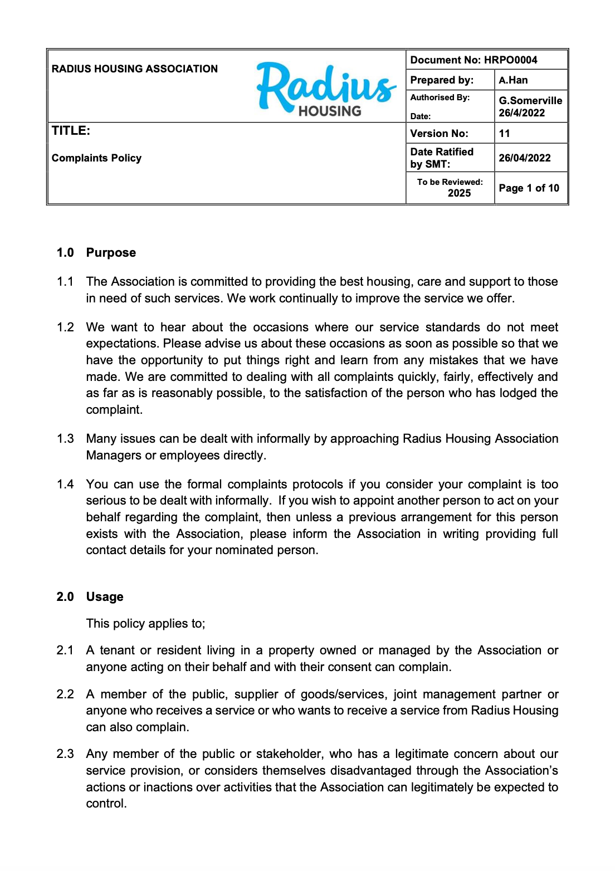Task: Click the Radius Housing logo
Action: tap(326, 89)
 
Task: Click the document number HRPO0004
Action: tap(510, 60)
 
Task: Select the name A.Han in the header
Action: tap(513, 80)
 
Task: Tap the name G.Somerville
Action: tap(530, 101)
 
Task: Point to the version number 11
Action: tap(505, 134)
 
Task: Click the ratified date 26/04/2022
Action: tap(525, 158)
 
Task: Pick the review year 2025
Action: tap(459, 193)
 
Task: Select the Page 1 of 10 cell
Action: tap(529, 188)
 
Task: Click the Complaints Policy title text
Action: tap(96, 158)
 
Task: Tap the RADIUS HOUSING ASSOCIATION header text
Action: tap(135, 69)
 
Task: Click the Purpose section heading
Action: tap(111, 253)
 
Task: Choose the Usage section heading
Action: tap(105, 597)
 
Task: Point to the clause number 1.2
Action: tap(65, 327)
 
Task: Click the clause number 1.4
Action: tap(65, 485)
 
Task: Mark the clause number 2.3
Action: tap(65, 754)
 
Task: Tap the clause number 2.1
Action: tap(65, 650)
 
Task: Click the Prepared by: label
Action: tap(442, 80)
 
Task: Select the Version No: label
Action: tap(439, 134)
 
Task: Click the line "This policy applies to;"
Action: tap(145, 624)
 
